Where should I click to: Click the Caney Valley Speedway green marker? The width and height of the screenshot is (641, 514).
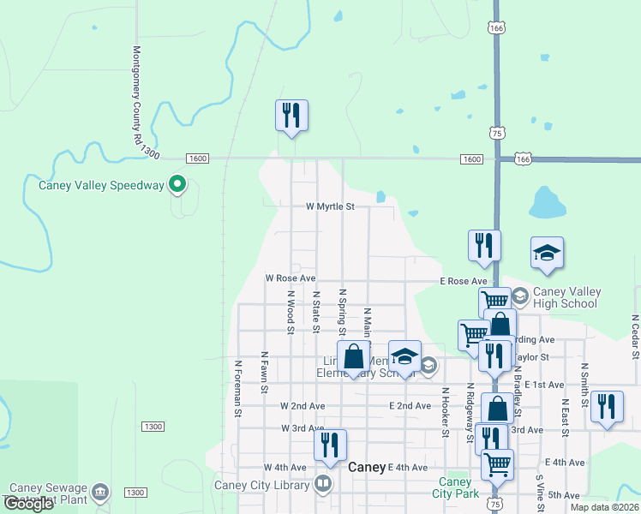(x=177, y=183)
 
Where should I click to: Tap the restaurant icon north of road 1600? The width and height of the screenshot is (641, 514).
(x=291, y=115)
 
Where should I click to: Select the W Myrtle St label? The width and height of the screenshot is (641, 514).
(x=330, y=207)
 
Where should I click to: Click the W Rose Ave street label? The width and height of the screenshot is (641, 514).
(x=291, y=278)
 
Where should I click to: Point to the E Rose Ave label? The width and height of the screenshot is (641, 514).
(x=464, y=281)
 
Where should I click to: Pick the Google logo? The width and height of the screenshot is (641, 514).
(x=28, y=504)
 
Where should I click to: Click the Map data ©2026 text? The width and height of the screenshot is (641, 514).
(x=603, y=507)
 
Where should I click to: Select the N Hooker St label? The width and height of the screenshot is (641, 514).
(x=446, y=412)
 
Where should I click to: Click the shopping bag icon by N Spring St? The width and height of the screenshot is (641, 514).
(x=353, y=356)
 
